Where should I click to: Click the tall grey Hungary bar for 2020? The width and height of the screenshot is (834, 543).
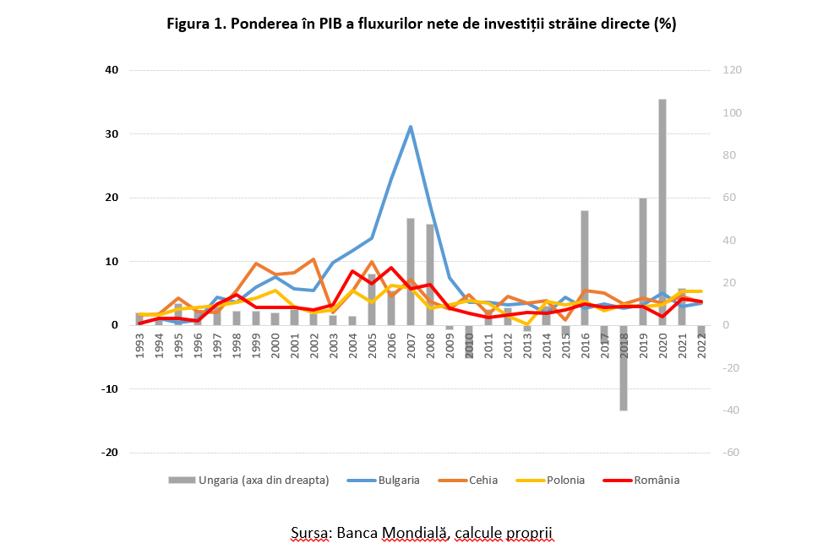tap(662, 211)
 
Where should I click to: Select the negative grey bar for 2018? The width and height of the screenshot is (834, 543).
tap(624, 367)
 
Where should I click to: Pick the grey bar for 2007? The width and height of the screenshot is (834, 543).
tap(411, 270)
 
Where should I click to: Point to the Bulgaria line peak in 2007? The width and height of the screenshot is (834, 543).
tap(411, 127)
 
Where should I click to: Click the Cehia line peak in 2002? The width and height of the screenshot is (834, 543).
tap(313, 259)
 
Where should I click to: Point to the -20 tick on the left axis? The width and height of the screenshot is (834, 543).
tap(110, 453)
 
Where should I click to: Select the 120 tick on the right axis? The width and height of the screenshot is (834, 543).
tap(730, 70)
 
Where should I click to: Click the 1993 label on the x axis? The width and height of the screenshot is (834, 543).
tap(139, 347)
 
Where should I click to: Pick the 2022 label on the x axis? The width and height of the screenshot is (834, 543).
tap(701, 347)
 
